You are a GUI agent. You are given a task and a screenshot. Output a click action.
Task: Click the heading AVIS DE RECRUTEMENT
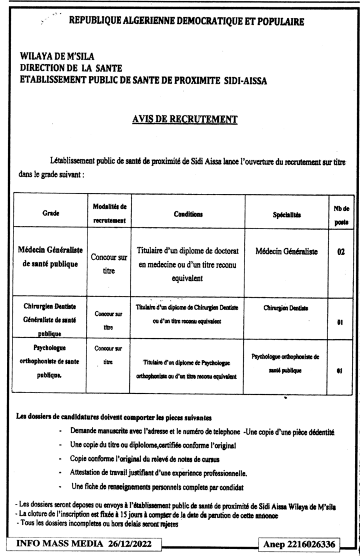[184, 118]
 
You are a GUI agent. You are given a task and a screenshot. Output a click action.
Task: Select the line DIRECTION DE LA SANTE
[71, 68]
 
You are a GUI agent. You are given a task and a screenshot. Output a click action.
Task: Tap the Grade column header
[51, 214]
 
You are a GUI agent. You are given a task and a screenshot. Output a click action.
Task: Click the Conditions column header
[188, 214]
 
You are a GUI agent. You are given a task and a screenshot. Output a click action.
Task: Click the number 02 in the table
[341, 252]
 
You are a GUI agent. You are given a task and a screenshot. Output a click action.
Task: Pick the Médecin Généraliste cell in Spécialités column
[287, 252]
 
